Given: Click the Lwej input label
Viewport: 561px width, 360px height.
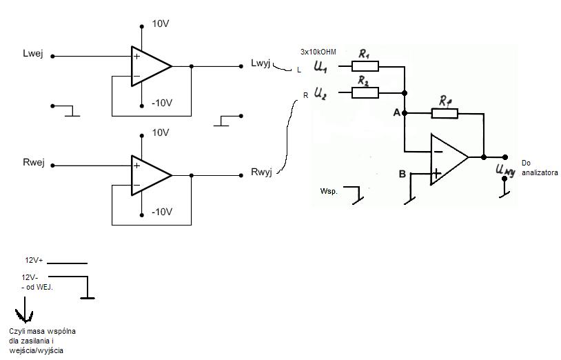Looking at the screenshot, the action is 33,54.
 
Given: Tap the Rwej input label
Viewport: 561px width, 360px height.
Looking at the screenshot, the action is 34,163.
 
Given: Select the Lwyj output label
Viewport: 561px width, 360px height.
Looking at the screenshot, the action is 261,63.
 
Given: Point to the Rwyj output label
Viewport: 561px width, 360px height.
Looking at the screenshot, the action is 261,172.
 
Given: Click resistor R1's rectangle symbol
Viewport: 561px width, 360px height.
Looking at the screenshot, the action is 365,66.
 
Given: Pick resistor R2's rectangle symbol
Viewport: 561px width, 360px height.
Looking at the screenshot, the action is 365,92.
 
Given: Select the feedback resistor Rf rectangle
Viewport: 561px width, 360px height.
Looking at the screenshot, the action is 445,113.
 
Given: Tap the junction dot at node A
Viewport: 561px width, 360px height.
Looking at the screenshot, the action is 405,113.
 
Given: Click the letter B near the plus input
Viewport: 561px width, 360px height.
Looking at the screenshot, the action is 402,174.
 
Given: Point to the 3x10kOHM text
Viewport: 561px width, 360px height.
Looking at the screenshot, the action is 318,52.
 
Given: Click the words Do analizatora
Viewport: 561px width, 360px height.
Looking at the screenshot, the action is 540,168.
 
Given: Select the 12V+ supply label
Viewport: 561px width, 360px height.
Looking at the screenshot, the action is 34,260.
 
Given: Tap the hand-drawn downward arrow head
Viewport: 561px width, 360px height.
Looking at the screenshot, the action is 24,316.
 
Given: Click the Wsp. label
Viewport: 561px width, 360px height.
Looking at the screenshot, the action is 329,191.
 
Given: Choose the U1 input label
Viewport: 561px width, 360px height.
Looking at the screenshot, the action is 320,67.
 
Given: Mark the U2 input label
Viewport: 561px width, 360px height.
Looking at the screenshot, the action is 320,93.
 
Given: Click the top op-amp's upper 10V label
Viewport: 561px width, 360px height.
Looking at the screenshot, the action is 161,24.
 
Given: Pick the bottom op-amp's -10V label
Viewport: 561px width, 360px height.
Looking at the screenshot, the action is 162,212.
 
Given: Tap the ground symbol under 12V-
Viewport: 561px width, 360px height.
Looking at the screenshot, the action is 88,298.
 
